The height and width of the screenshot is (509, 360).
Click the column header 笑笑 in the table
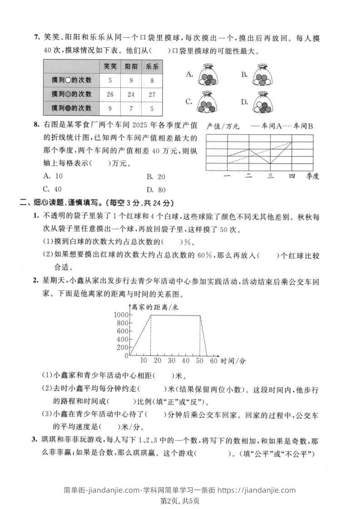pos(110,66)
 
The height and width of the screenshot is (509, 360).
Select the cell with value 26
pos(110,94)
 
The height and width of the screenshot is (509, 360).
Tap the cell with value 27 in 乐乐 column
pos(152,94)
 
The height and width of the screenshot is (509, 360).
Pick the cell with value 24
pos(131,94)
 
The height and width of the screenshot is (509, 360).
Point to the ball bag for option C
pos(207,103)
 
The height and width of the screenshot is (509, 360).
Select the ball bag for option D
pos(262,103)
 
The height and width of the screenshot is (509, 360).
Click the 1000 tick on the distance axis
pos(122,315)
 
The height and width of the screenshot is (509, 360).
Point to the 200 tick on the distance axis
pos(123,347)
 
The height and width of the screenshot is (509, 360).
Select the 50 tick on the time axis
pos(199,361)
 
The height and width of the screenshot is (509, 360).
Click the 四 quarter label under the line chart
pos(292,176)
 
